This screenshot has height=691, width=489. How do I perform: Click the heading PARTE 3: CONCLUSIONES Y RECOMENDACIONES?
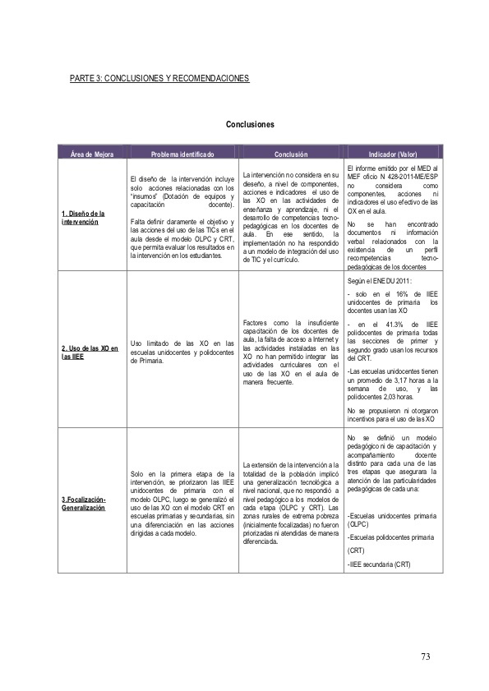[x=159, y=78]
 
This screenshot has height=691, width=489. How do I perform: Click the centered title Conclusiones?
[x=250, y=125]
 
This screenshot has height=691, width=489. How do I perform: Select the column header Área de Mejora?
[x=92, y=154]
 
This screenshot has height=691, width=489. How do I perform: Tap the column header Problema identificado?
[x=182, y=154]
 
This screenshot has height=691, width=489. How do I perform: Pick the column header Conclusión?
[x=291, y=154]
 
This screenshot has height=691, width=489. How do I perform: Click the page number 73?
[x=425, y=656]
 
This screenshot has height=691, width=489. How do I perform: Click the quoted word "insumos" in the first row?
[x=147, y=198]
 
